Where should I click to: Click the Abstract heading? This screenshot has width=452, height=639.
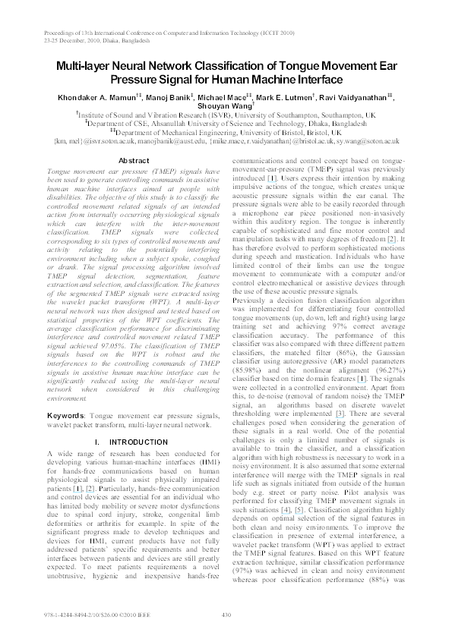[x=134, y=162]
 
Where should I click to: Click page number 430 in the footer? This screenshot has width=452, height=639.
[x=226, y=615]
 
